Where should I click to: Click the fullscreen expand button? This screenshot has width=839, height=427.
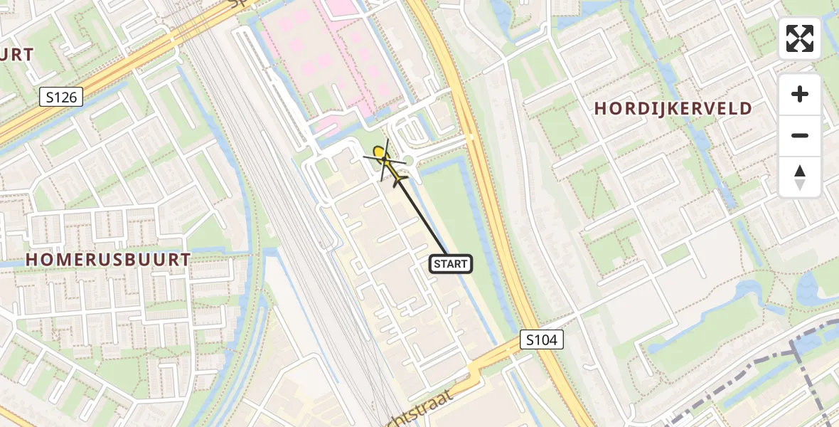[x=800, y=38]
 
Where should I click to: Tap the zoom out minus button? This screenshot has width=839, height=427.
[x=800, y=135]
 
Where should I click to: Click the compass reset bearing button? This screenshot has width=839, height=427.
[x=800, y=176]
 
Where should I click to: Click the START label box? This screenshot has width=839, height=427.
[x=451, y=264]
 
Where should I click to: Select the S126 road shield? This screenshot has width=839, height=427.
[x=61, y=97]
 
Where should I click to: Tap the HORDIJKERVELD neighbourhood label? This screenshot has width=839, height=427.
[x=673, y=109]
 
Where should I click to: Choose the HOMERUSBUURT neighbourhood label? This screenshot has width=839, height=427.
[x=108, y=260]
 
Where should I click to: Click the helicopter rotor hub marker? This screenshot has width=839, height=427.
[x=380, y=152]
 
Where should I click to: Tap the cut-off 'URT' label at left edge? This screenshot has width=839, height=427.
[x=16, y=55]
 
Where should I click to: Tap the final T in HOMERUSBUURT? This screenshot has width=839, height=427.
[x=186, y=260]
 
